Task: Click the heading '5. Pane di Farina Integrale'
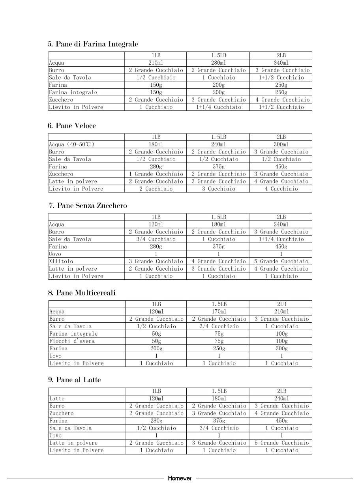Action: (x=93, y=44)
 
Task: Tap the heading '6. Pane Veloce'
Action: (x=72, y=126)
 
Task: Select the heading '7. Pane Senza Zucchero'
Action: (x=88, y=206)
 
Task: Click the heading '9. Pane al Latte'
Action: (x=74, y=380)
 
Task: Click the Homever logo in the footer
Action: (x=180, y=478)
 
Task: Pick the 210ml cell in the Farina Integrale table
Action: (x=156, y=63)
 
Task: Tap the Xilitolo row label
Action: (x=61, y=261)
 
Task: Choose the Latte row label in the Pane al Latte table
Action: (x=57, y=398)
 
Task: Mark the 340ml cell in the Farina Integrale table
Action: (x=281, y=63)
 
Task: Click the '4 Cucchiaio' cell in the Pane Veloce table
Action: (x=281, y=189)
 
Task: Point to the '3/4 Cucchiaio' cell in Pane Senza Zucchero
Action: (x=156, y=239)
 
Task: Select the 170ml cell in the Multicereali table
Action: (x=219, y=312)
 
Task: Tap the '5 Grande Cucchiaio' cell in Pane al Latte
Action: (x=281, y=443)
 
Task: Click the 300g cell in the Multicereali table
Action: (x=281, y=348)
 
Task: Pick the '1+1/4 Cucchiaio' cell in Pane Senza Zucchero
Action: (x=281, y=239)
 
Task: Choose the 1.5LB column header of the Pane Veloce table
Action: (x=219, y=137)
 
